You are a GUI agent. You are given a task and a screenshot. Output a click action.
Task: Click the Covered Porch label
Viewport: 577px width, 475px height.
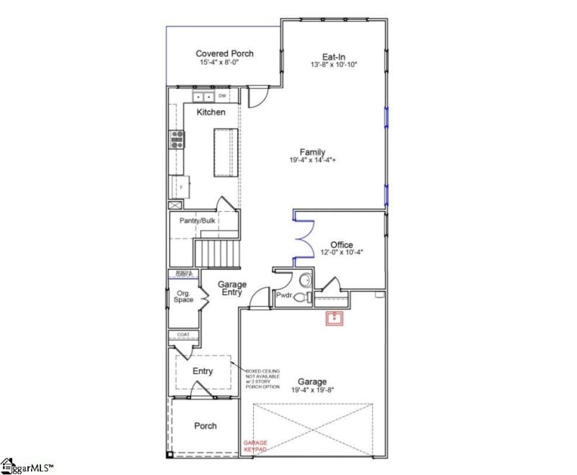pyautogui.click(x=224, y=54)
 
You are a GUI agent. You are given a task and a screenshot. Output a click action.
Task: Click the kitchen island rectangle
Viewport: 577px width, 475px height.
pyautogui.click(x=224, y=152)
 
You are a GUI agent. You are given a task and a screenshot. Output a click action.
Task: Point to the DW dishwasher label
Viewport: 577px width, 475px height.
pyautogui.click(x=222, y=96)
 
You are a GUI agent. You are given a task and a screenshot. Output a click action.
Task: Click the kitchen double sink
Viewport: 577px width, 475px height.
pyautogui.click(x=203, y=96)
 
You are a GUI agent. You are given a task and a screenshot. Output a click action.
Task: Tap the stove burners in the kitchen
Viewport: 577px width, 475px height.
pyautogui.click(x=175, y=138)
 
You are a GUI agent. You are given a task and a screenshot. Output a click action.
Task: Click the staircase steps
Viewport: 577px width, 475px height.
pyautogui.click(x=214, y=253)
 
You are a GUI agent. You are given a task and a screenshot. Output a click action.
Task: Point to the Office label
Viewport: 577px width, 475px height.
pyautogui.click(x=341, y=244)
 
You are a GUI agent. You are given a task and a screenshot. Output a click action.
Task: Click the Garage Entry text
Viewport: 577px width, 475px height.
pyautogui.click(x=232, y=289)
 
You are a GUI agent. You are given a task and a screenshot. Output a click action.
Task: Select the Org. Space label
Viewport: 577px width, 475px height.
pyautogui.click(x=183, y=296)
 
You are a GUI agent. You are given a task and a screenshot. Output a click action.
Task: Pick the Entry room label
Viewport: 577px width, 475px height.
pyautogui.click(x=203, y=371)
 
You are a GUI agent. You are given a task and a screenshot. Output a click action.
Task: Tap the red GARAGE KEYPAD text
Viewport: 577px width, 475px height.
pyautogui.click(x=255, y=445)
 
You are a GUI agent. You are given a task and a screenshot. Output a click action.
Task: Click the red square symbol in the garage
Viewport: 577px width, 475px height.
pyautogui.click(x=334, y=318)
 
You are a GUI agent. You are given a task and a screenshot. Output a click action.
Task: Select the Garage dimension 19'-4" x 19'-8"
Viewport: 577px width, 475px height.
pyautogui.click(x=312, y=390)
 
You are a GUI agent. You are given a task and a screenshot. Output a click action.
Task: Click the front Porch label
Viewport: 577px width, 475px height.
pyautogui.click(x=206, y=426)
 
